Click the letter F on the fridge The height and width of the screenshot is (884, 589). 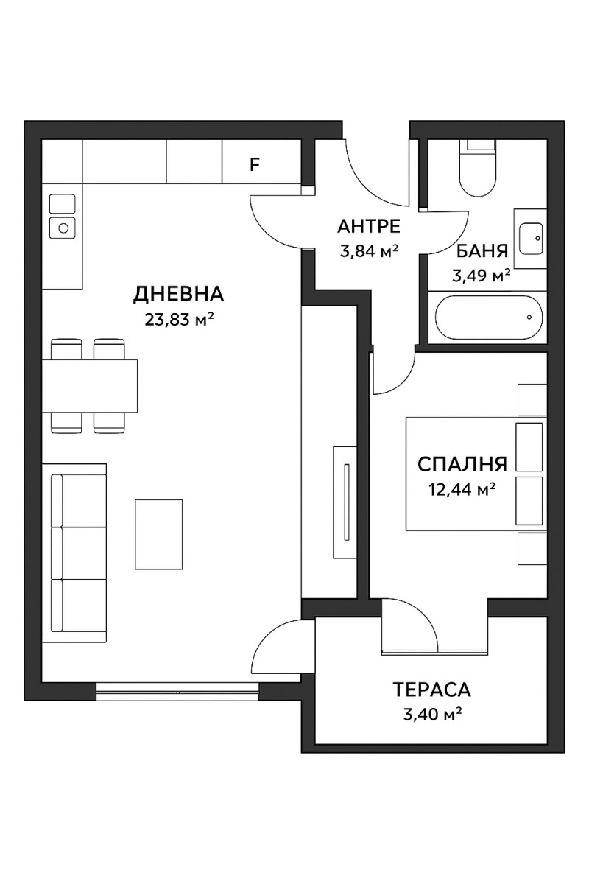point(255,164)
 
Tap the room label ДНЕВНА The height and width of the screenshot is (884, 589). point(178,295)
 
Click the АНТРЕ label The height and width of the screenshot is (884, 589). point(368,226)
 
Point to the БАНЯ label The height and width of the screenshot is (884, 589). point(482,252)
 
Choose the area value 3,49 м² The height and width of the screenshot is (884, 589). point(481,277)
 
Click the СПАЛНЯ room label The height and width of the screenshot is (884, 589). point(462,464)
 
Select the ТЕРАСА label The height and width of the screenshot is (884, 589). point(431,690)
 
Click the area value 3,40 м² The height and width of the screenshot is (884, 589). point(432,714)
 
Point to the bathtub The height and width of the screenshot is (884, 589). point(489,318)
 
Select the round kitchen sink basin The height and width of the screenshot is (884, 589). point(63,228)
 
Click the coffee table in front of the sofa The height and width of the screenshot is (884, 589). point(158,534)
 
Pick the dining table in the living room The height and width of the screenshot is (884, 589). point(91,386)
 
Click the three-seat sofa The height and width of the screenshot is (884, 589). point(74,552)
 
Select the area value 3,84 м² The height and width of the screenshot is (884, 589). point(368,250)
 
